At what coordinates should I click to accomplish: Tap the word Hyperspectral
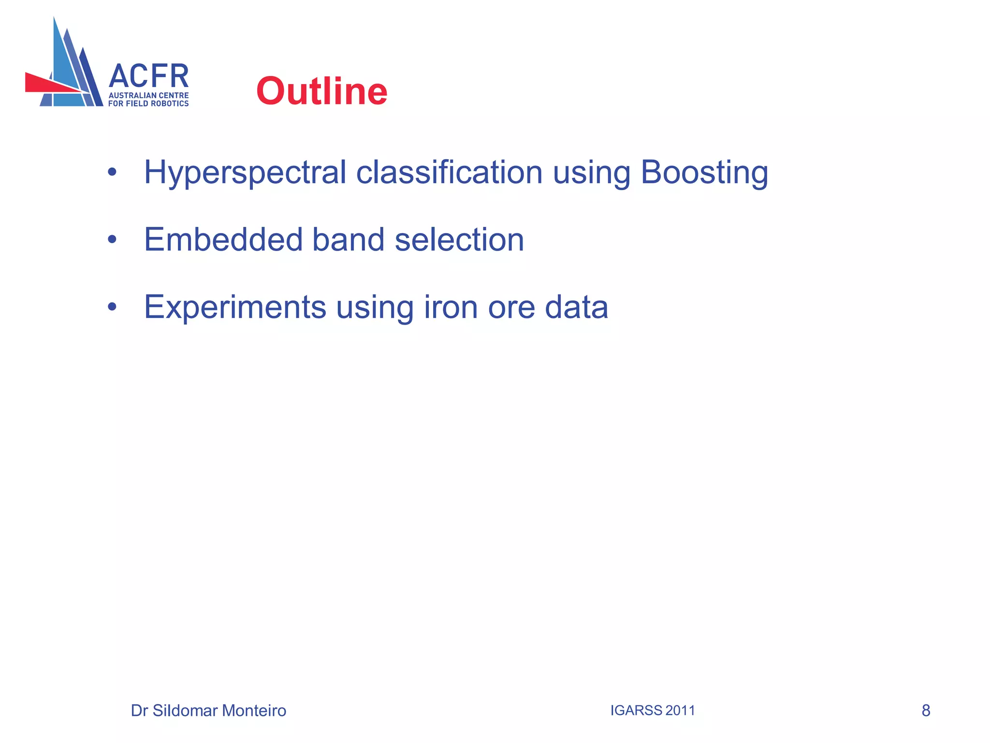point(245,173)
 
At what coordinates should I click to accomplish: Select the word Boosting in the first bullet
point(704,173)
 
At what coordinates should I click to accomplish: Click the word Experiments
point(235,307)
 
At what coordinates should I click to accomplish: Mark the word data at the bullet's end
point(576,307)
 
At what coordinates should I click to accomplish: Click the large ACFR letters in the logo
point(148,77)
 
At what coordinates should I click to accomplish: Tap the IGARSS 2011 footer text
point(652,710)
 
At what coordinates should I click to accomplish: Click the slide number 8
point(926,711)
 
